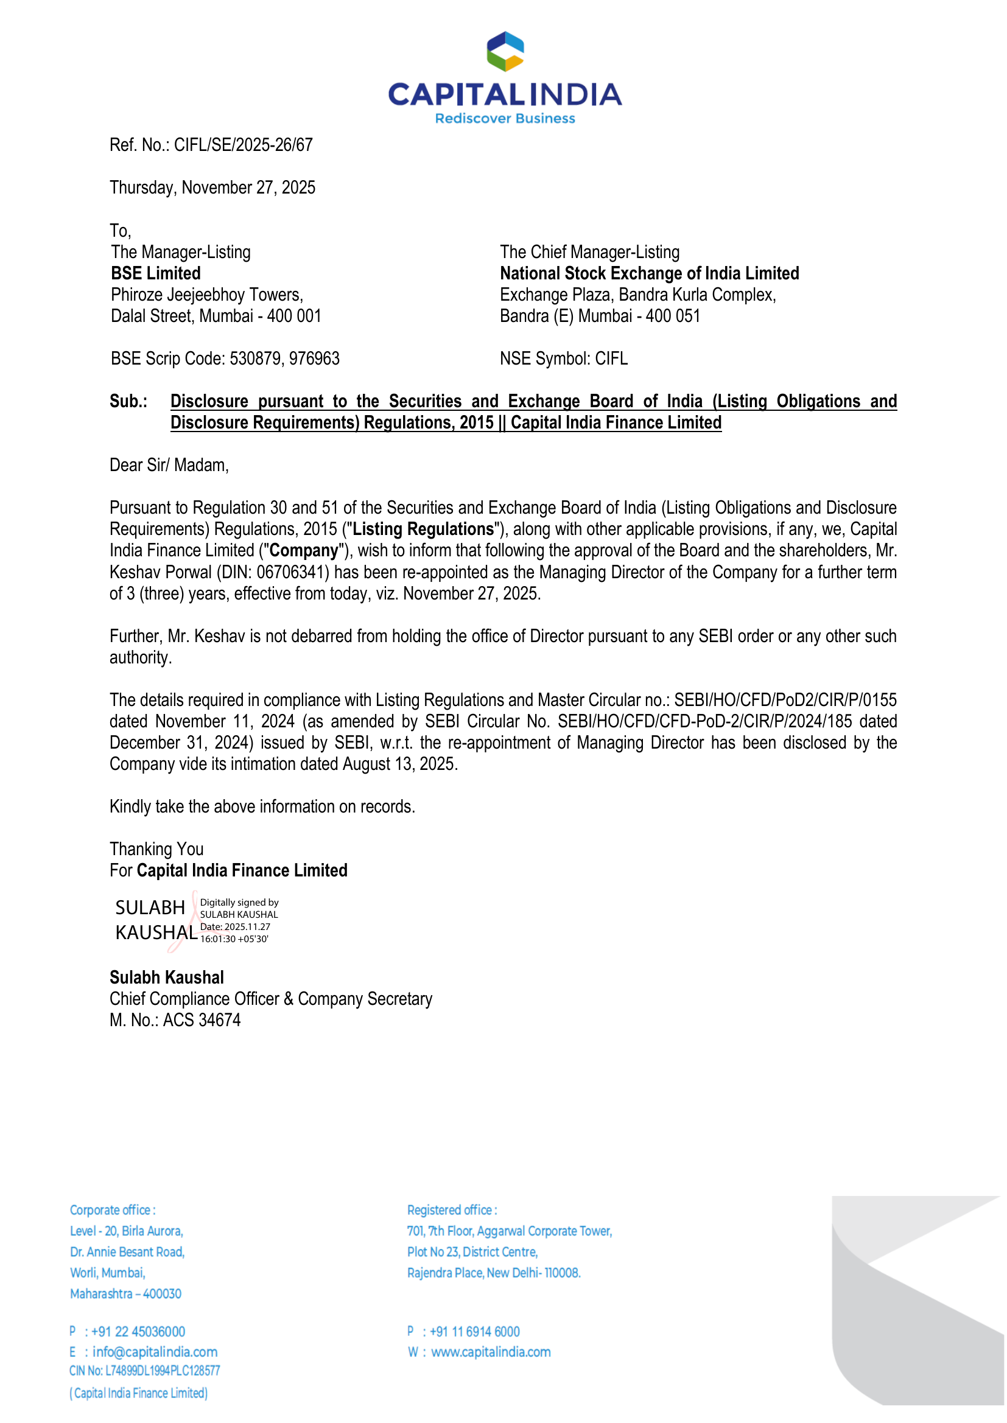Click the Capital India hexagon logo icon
(505, 52)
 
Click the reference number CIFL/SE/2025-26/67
(243, 145)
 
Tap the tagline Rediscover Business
(505, 118)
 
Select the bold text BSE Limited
(156, 273)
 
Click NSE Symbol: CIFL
(564, 359)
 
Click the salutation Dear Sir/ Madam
(169, 466)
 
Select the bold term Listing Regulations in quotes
(423, 530)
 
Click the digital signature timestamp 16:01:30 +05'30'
(234, 939)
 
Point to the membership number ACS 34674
(202, 1020)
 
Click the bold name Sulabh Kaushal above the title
(167, 977)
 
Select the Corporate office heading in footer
(112, 1210)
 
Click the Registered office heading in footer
(452, 1210)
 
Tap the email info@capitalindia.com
(155, 1352)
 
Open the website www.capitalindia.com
(491, 1352)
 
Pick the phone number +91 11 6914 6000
(474, 1331)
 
